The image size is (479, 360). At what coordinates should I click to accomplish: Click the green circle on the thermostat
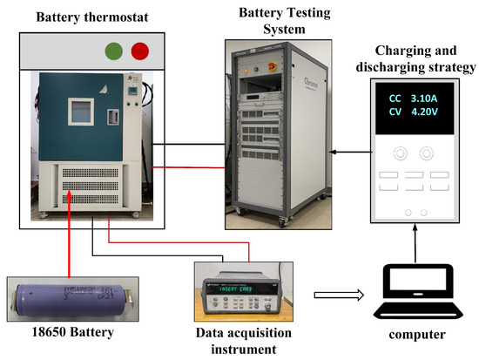pyautogui.click(x=112, y=49)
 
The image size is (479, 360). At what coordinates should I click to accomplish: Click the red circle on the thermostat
pyautogui.click(x=138, y=49)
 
